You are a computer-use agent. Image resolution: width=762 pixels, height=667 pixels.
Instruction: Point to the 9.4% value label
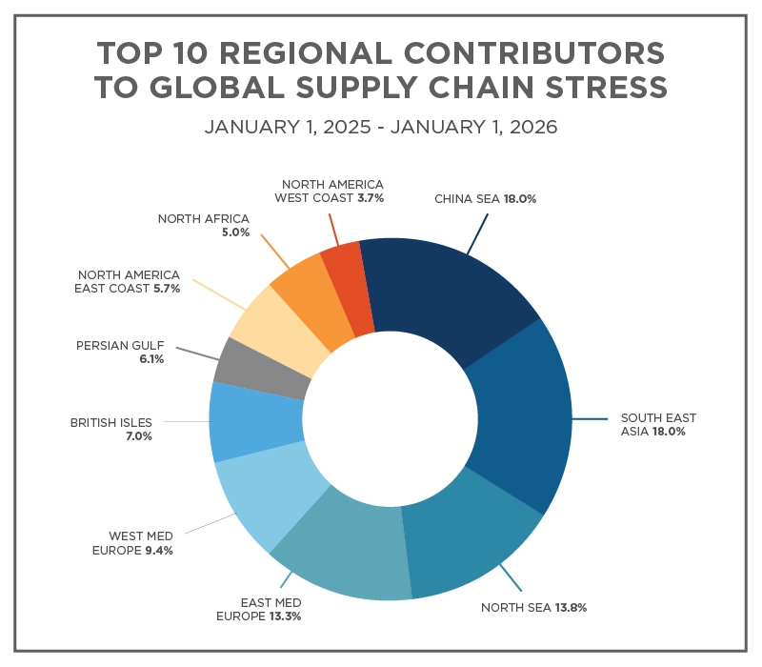(x=158, y=550)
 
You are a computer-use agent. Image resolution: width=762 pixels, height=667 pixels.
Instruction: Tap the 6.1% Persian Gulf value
(x=138, y=358)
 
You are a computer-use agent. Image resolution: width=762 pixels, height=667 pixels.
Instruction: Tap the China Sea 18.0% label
(x=486, y=199)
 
